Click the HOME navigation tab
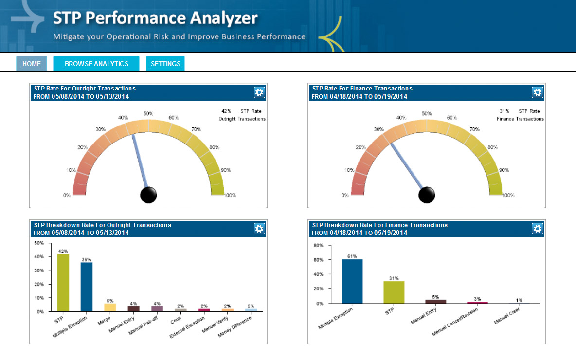click(x=32, y=64)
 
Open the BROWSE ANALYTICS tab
click(x=96, y=64)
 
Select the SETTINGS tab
click(x=165, y=64)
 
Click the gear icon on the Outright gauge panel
click(x=259, y=92)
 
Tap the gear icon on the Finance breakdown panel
click(x=537, y=229)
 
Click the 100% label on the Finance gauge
click(x=508, y=195)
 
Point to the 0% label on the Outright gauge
click(x=67, y=195)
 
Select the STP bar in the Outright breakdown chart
click(x=63, y=283)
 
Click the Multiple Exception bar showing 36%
click(x=87, y=287)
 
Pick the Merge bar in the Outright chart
click(x=110, y=307)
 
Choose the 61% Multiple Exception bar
click(x=352, y=281)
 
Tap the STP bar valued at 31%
click(x=394, y=292)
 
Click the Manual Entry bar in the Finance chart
click(x=435, y=301)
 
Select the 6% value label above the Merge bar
click(x=110, y=301)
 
